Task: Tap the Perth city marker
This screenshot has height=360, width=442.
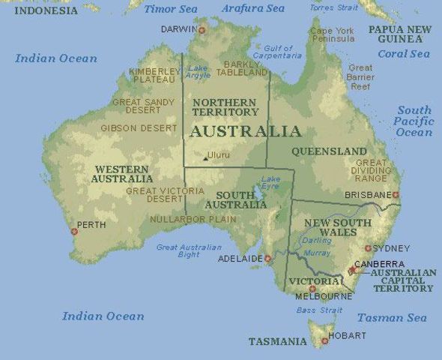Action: click(x=74, y=231)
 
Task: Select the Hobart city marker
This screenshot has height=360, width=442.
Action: click(x=324, y=341)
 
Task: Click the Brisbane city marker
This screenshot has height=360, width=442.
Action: click(x=396, y=195)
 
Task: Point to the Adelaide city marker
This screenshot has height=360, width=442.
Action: click(x=267, y=259)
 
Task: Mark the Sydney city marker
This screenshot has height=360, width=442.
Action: click(x=368, y=248)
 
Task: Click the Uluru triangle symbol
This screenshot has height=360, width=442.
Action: click(x=205, y=158)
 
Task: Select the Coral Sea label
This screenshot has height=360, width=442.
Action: click(x=404, y=54)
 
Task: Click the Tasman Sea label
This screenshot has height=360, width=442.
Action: click(x=392, y=317)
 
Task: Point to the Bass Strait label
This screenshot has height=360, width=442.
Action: click(x=319, y=310)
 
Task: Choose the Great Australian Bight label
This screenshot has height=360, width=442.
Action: click(x=189, y=251)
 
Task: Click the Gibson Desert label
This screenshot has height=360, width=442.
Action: click(x=139, y=128)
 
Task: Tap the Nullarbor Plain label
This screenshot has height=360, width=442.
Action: click(x=193, y=220)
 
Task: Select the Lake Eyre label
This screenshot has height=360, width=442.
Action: click(x=270, y=182)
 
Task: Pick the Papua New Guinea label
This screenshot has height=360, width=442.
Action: click(x=399, y=33)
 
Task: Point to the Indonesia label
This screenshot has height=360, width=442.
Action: click(x=46, y=10)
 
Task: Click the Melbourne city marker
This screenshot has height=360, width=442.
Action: click(x=313, y=289)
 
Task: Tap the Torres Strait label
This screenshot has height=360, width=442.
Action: click(x=333, y=8)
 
